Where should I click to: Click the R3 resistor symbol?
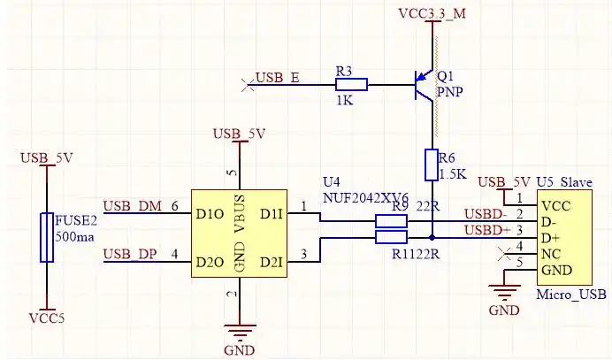[x=351, y=85]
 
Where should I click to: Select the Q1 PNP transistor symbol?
[x=426, y=86]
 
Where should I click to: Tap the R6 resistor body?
[x=432, y=165]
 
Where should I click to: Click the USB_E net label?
[x=277, y=78]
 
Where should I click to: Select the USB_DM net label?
[x=133, y=206]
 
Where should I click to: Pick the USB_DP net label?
[x=132, y=255]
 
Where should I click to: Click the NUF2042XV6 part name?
[x=365, y=198]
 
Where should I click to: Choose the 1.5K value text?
[x=452, y=174]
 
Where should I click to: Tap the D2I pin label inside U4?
[x=272, y=262]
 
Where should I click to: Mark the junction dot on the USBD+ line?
[x=432, y=238]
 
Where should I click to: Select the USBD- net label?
[x=486, y=213]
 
